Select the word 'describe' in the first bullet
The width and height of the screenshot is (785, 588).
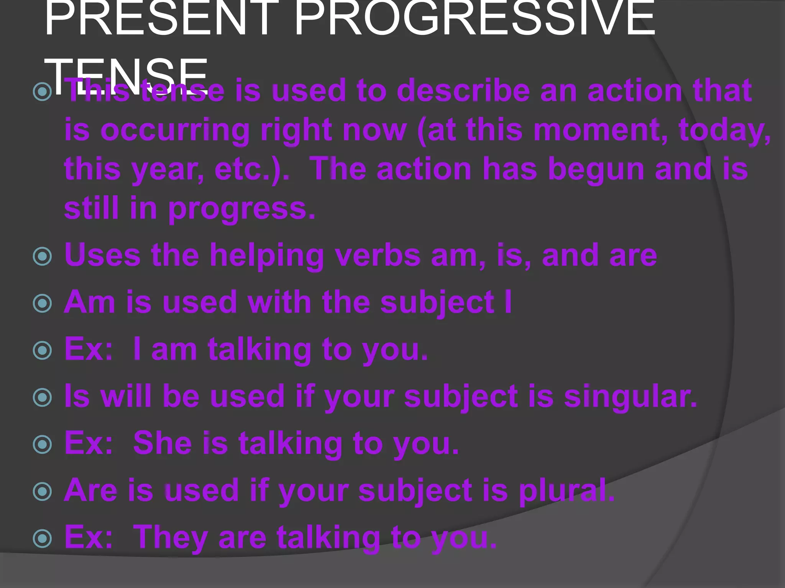[x=463, y=91]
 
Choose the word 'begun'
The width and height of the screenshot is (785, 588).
[x=596, y=169]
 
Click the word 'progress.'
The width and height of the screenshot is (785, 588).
[x=242, y=209]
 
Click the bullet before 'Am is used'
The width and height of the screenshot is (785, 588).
[x=42, y=304]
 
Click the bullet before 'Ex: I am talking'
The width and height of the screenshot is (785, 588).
[x=42, y=351]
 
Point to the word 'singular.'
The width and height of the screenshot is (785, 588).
[x=630, y=397]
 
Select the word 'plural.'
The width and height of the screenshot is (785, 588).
[x=567, y=491]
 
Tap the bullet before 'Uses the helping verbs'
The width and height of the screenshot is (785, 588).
[x=42, y=256]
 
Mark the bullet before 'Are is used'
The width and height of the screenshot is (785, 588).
[x=42, y=491]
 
